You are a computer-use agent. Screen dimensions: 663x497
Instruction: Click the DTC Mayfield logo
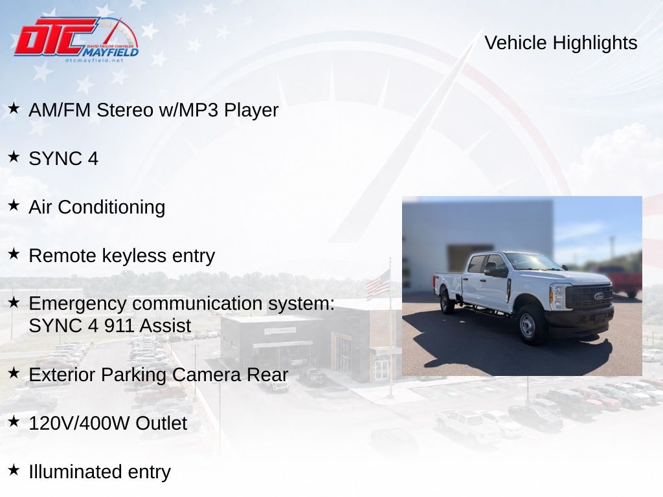pyautogui.click(x=76, y=39)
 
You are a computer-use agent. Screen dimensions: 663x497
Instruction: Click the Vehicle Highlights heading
pyautogui.click(x=561, y=43)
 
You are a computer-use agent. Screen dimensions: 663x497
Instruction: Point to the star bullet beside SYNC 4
pyautogui.click(x=14, y=157)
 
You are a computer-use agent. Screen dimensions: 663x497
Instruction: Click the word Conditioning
pyautogui.click(x=111, y=208)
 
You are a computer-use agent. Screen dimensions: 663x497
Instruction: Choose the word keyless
pyautogui.click(x=134, y=256)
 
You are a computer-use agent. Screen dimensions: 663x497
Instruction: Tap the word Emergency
pyautogui.click(x=78, y=304)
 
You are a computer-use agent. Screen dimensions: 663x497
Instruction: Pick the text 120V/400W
pyautogui.click(x=79, y=423)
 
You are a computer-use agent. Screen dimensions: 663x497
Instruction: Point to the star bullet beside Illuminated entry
pyautogui.click(x=14, y=470)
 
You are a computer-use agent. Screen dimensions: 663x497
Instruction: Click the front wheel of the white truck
pyautogui.click(x=528, y=325)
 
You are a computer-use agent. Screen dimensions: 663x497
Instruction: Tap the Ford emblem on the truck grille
pyautogui.click(x=599, y=296)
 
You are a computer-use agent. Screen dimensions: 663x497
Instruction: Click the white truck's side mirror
pyautogui.click(x=491, y=269)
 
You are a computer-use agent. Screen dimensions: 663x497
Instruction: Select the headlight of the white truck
pyautogui.click(x=557, y=296)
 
